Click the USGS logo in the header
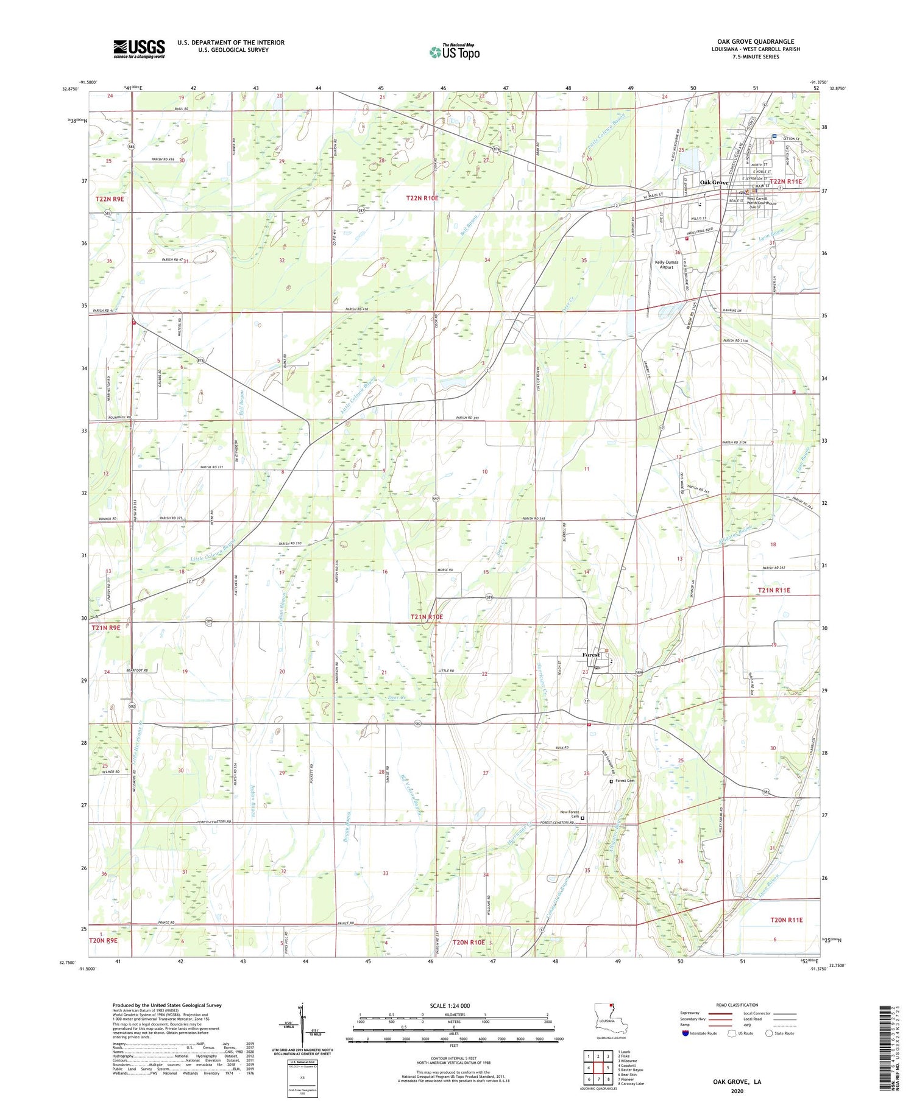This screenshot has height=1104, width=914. tap(139, 49)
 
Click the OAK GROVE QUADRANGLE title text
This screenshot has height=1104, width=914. tap(756, 41)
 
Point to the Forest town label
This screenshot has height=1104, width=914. tap(590, 655)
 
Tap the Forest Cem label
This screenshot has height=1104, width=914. tap(625, 781)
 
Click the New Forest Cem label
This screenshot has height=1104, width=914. tap(569, 814)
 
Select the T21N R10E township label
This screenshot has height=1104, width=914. tap(427, 617)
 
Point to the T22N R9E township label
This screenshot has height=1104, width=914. tap(110, 199)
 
